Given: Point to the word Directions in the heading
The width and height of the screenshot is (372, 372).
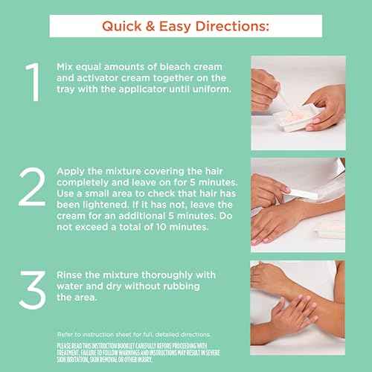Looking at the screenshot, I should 228,26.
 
